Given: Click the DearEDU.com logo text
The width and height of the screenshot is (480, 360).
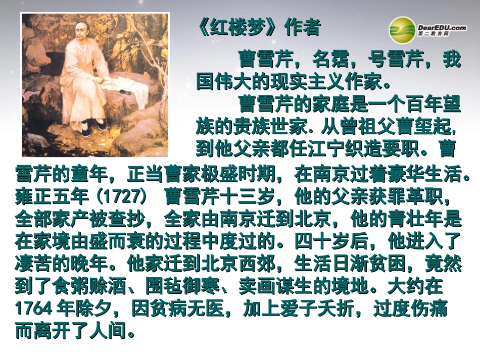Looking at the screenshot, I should tap(442, 28).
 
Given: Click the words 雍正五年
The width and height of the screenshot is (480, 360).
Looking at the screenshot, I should tap(54, 197).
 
